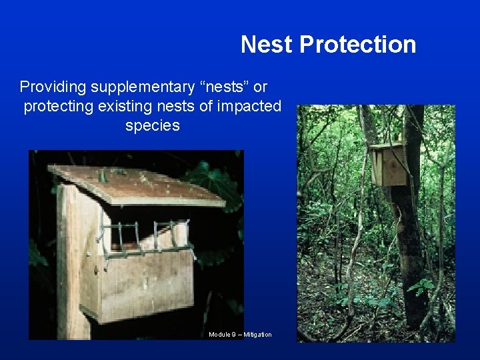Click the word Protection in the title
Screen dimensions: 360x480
pyautogui.click(x=357, y=45)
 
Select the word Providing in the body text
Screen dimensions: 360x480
pyautogui.click(x=53, y=87)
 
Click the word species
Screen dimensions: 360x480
pyautogui.click(x=152, y=125)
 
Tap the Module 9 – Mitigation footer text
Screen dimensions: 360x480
pyautogui.click(x=240, y=334)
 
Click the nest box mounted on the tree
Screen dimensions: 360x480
pyautogui.click(x=389, y=164)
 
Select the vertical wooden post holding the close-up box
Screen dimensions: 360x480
pyautogui.click(x=71, y=267)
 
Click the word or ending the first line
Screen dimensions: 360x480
pyautogui.click(x=261, y=87)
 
